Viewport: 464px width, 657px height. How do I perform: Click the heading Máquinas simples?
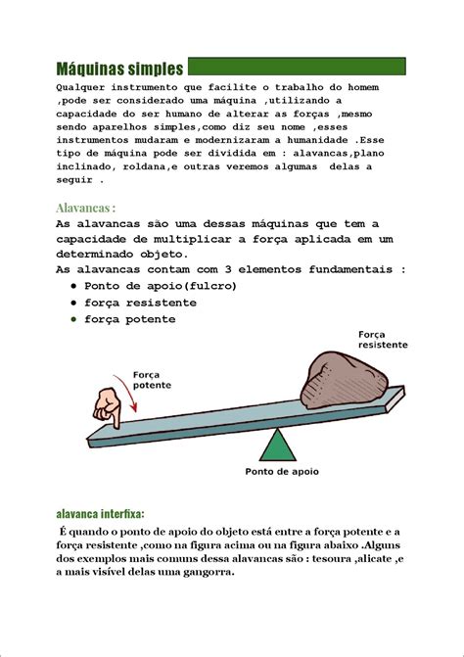(119, 69)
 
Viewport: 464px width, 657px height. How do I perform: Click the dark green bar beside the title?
(296, 67)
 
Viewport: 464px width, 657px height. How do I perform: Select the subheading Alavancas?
(86, 208)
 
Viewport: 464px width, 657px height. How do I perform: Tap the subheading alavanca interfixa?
(101, 513)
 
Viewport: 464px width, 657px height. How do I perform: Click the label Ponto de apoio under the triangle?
(281, 471)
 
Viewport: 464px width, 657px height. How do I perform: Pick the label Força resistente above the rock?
(383, 340)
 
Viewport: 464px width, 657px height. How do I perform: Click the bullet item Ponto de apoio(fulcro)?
(161, 286)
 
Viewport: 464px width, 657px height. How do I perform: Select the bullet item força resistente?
(140, 303)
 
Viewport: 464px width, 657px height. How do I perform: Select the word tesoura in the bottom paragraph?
(314, 558)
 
